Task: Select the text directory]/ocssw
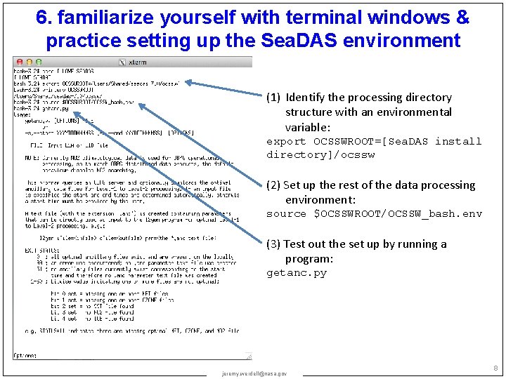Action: pos(320,155)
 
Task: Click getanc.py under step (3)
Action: pos(297,274)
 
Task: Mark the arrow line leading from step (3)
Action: pos(204,175)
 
